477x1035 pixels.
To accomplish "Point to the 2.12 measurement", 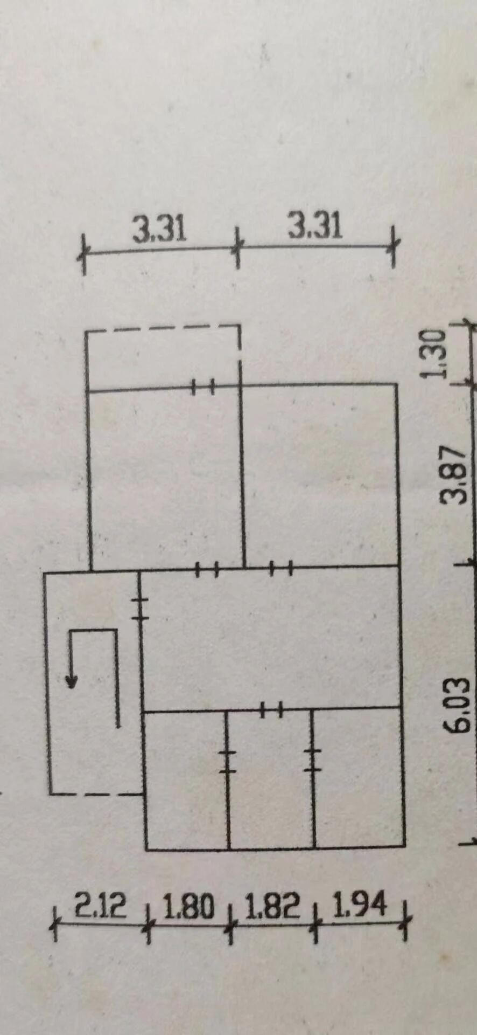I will pos(100,906).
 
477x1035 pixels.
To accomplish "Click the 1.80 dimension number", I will pos(188,906).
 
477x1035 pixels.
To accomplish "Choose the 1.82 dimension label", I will pos(272,906).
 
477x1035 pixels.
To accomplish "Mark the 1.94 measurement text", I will pos(360,904).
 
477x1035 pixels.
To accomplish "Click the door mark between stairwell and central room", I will pos(141,609).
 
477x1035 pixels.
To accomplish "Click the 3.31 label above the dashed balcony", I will pos(159,229).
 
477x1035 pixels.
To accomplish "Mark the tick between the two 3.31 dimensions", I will pos(237,248).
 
